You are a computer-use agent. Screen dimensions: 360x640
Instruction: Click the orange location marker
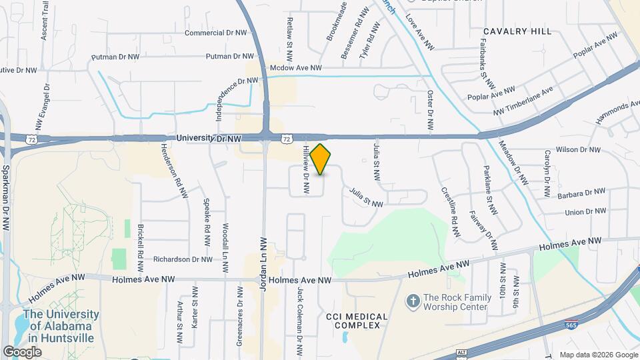[321, 159]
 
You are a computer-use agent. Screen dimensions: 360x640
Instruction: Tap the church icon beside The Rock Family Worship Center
[413, 302]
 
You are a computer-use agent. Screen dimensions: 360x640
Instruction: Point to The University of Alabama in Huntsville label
[61, 325]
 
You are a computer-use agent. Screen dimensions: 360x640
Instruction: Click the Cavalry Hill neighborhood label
[517, 31]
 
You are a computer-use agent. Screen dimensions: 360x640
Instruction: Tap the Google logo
[22, 351]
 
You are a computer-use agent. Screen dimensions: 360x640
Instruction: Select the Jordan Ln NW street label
[262, 263]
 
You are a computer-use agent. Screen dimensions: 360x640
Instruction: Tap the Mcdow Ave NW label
[295, 68]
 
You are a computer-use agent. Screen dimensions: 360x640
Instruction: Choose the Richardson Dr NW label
[183, 259]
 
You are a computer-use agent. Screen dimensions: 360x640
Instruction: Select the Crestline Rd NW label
[451, 212]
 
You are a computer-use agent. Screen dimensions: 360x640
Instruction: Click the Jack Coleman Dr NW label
[301, 319]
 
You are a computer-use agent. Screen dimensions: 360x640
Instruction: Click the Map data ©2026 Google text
[598, 355]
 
